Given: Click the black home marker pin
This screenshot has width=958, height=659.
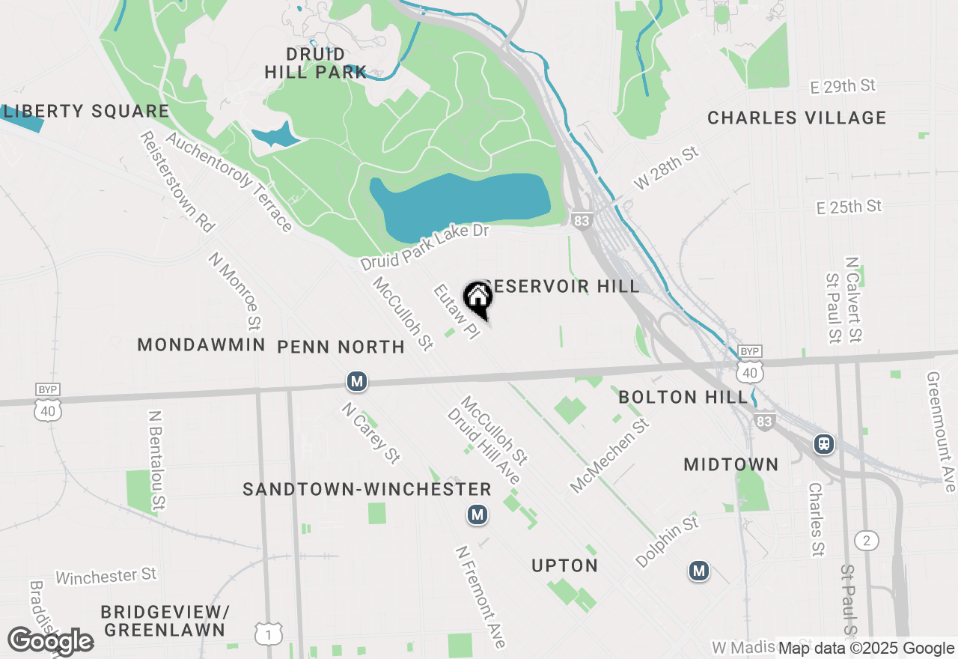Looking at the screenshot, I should (478, 298).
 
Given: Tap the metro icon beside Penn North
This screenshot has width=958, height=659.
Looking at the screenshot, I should (357, 381).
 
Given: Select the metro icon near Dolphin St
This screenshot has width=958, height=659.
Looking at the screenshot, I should (699, 571).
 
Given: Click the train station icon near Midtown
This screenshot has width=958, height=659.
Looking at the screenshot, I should (824, 443).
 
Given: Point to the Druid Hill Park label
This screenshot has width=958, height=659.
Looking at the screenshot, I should (316, 64).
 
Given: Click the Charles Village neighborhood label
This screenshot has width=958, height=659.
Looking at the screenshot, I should (796, 118).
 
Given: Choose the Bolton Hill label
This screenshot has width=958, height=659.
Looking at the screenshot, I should (683, 397).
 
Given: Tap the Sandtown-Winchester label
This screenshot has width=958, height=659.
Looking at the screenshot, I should (367, 490).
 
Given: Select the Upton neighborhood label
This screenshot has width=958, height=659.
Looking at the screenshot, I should (564, 566).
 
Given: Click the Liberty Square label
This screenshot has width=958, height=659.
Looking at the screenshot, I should (85, 112).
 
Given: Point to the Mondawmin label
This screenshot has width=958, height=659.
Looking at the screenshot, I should (201, 345).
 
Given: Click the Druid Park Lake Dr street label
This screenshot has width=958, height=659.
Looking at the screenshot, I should (424, 247).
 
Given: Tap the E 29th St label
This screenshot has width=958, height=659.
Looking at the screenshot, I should (843, 87).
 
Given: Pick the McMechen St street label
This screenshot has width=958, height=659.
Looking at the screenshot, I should (609, 456).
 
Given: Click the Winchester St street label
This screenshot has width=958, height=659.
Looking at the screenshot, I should (106, 576).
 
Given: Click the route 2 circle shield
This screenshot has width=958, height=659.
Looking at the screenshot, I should (866, 541).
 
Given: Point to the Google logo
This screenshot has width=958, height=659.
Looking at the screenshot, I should (50, 641).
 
